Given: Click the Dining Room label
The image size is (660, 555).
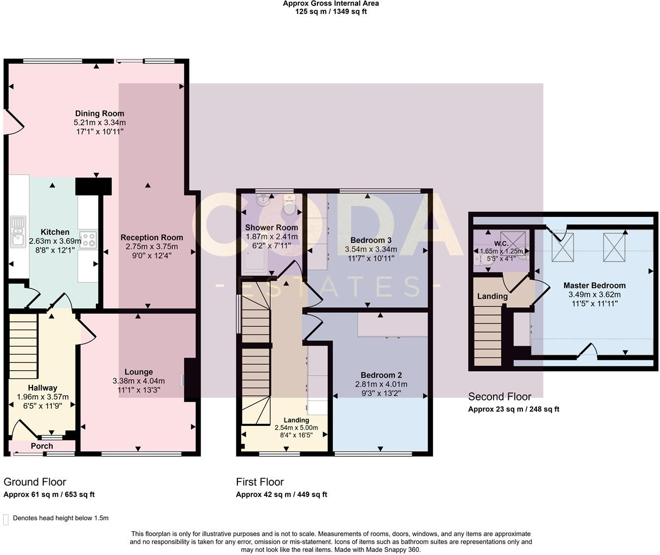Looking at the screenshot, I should (x=99, y=113).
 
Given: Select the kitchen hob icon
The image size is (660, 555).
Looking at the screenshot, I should (x=88, y=240).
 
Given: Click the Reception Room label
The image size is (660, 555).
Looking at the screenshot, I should (x=152, y=237).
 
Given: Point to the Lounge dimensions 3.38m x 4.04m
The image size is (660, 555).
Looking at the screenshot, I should (x=138, y=381).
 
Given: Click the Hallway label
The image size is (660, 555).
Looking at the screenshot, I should (x=42, y=388).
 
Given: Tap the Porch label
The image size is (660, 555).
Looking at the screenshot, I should (x=42, y=446).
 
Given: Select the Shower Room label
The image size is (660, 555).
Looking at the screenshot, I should (x=271, y=228).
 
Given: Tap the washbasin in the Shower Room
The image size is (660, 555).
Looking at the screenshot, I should (x=264, y=202).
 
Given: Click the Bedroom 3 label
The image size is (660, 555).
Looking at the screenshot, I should (x=371, y=240).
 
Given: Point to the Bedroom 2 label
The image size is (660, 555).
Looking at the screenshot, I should (x=381, y=375).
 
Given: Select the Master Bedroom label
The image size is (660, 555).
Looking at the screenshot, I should (x=594, y=285).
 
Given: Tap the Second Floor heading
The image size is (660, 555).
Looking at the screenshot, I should (x=499, y=397).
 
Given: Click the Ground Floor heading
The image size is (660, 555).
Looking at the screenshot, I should (x=35, y=482).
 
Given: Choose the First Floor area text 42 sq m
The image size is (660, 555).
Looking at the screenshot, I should (x=281, y=494).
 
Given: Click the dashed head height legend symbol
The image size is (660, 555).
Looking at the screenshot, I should (x=6, y=519).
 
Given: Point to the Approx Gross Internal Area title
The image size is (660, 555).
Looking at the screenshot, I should (x=330, y=3).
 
